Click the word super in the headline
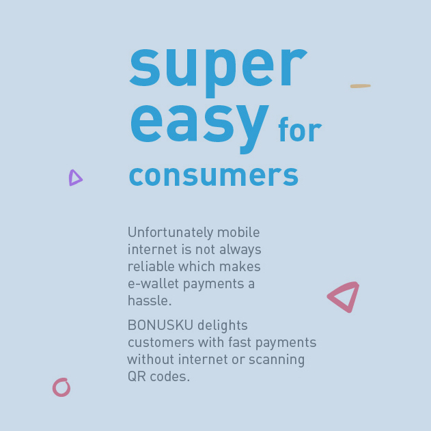coord(219,72)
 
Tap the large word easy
coord(199,128)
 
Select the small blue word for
coord(300,130)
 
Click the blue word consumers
coord(214,176)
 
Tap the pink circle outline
coord(53,387)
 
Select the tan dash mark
coord(361,86)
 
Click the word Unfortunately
coord(171,232)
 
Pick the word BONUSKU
coord(161,325)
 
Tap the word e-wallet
coord(154,283)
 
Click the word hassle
coord(150,301)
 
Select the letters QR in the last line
coord(137,376)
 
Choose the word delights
coord(223,325)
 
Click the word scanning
coord(277,360)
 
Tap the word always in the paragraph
coord(240,250)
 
